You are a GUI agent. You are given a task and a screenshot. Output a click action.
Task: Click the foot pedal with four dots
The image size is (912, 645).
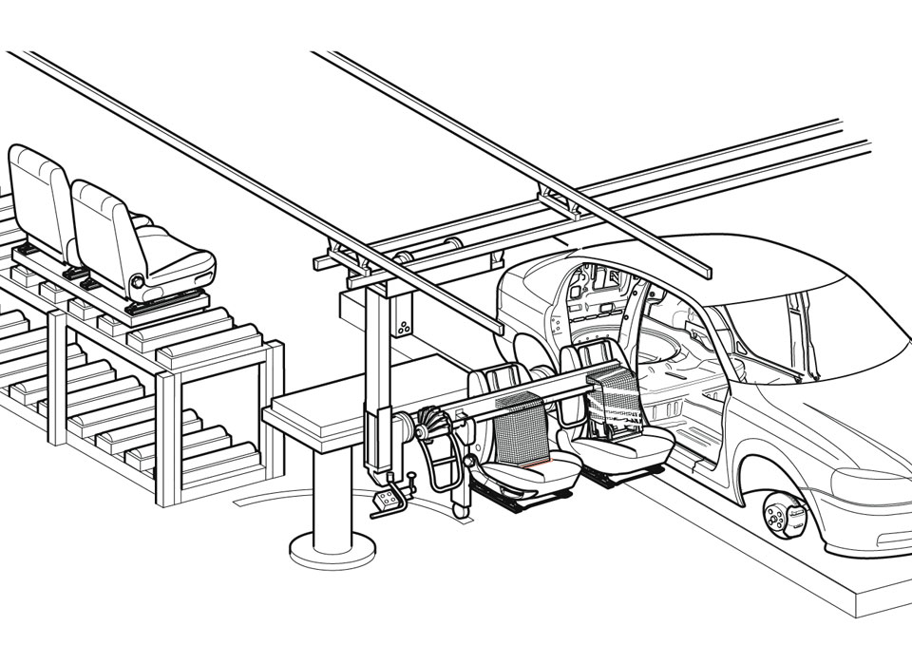(x=389, y=503)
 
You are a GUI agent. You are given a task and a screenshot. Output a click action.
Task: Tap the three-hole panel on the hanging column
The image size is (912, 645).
(x=404, y=327)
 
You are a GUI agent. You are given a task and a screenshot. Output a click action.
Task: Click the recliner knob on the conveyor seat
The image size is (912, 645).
(x=138, y=281)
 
